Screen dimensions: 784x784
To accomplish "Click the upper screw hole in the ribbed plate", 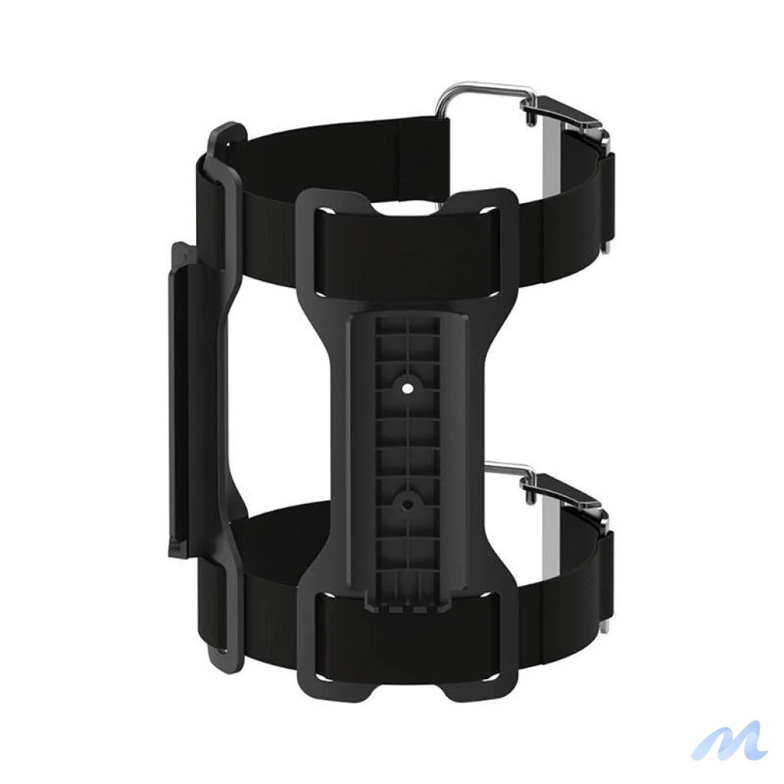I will coord(407,388).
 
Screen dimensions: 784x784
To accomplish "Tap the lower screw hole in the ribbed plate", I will coord(407,504).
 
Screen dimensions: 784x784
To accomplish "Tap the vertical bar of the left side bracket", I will coord(184,398).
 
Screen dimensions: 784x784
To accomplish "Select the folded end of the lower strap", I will coord(605,574).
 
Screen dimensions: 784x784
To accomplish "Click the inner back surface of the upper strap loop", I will coord(345,145).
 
